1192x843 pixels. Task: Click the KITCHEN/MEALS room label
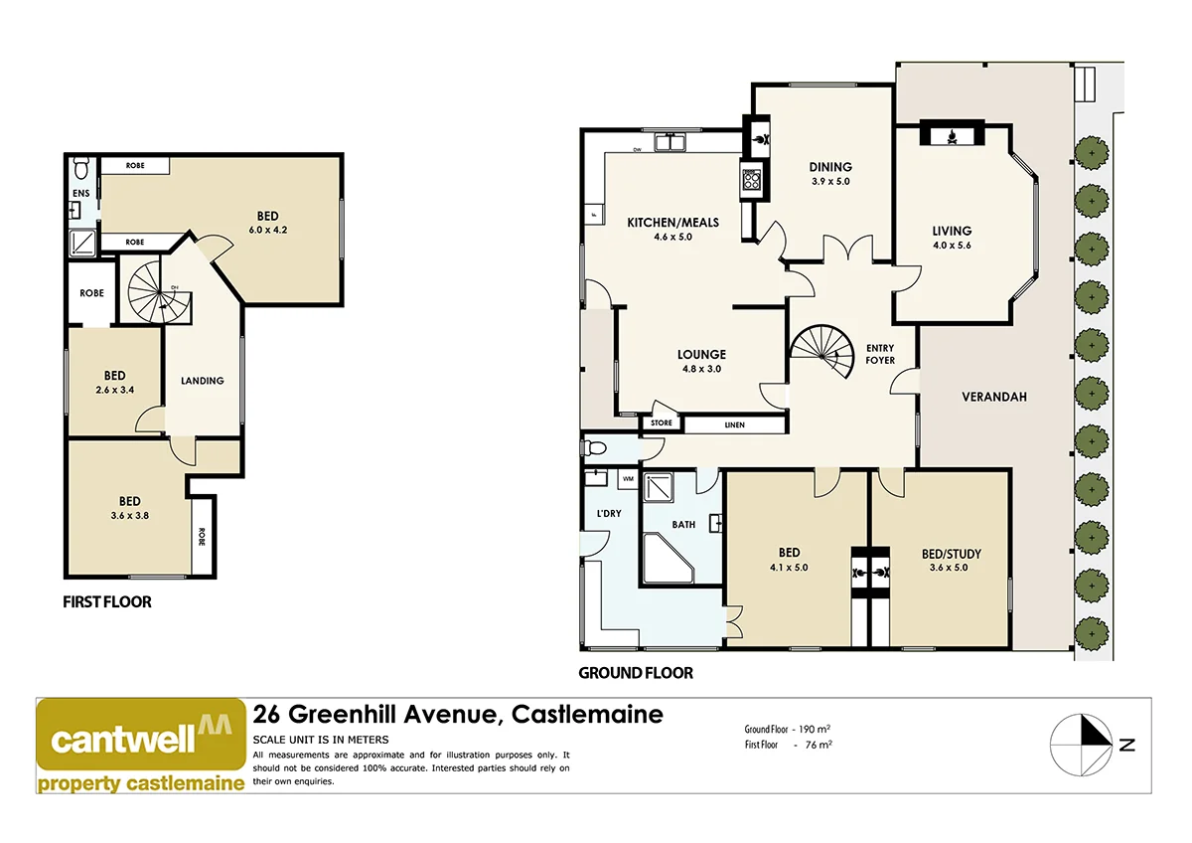(x=672, y=222)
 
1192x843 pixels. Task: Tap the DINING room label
(x=830, y=167)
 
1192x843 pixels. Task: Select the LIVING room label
(x=952, y=231)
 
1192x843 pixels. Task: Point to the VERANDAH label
(x=993, y=397)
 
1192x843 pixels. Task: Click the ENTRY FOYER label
(x=880, y=354)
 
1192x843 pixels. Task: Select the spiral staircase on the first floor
(x=155, y=290)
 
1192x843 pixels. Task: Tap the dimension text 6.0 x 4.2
(x=268, y=231)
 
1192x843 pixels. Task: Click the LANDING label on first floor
(x=203, y=381)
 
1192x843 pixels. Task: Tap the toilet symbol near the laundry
(x=598, y=447)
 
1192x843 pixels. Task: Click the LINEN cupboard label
(x=734, y=425)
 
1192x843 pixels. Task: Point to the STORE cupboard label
(x=662, y=423)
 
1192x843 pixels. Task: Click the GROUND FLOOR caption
(x=636, y=673)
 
